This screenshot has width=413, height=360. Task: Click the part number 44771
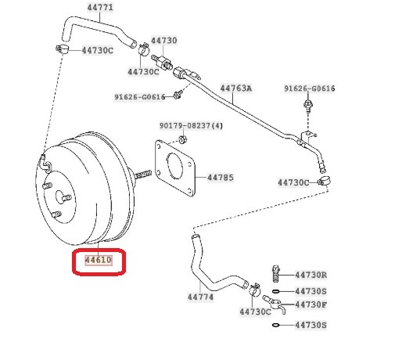point(100,7)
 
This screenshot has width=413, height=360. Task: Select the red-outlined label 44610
point(99,260)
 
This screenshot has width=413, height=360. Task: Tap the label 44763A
point(236,88)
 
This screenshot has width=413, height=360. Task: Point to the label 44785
point(221,178)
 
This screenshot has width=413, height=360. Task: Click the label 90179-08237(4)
point(191,126)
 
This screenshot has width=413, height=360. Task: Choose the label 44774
point(200,297)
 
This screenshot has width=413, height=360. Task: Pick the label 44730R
point(311,275)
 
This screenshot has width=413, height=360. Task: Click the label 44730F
point(311,304)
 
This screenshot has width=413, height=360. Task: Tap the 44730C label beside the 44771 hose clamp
point(98,50)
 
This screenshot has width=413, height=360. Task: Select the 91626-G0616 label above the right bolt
point(310,88)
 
